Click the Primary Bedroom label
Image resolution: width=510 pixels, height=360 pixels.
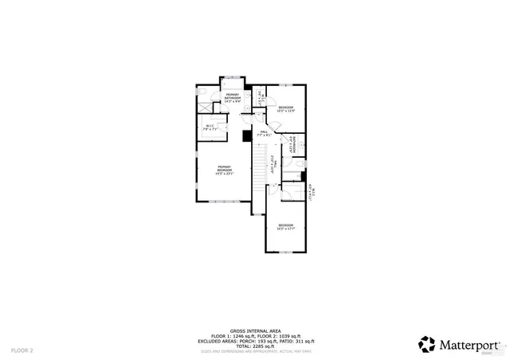click(225, 169)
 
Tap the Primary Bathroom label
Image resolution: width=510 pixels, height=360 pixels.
click(233, 99)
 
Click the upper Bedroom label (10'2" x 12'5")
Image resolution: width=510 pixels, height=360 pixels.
click(286, 109)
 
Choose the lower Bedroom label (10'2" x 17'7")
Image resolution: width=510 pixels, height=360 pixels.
click(286, 227)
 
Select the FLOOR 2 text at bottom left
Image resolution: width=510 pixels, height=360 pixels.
click(22, 350)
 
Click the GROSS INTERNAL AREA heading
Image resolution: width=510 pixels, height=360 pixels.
click(255, 330)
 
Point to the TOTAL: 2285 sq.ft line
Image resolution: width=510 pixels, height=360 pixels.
click(255, 346)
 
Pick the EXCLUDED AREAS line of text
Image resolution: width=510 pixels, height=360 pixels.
click(255, 341)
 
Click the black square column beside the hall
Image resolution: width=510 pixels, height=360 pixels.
click(247, 135)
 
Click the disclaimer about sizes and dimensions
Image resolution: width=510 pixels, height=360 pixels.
click(255, 351)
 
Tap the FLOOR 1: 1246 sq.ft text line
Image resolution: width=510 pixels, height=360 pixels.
click(255, 335)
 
